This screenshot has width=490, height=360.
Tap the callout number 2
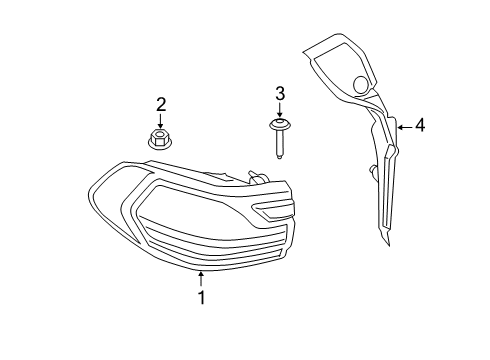(158, 103)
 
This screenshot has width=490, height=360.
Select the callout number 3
(280, 94)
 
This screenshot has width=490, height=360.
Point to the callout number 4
(420, 126)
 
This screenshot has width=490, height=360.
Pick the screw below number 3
(280, 136)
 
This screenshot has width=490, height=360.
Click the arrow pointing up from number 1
(201, 279)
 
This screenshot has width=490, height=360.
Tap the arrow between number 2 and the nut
(158, 119)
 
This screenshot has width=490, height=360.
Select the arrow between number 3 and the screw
(280, 110)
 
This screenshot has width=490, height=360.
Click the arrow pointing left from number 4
(403, 126)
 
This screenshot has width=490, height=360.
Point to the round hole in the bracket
(361, 83)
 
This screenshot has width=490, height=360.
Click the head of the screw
(280, 125)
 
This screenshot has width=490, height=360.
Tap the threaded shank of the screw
(280, 144)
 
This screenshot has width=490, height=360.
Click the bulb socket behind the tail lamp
(255, 180)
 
